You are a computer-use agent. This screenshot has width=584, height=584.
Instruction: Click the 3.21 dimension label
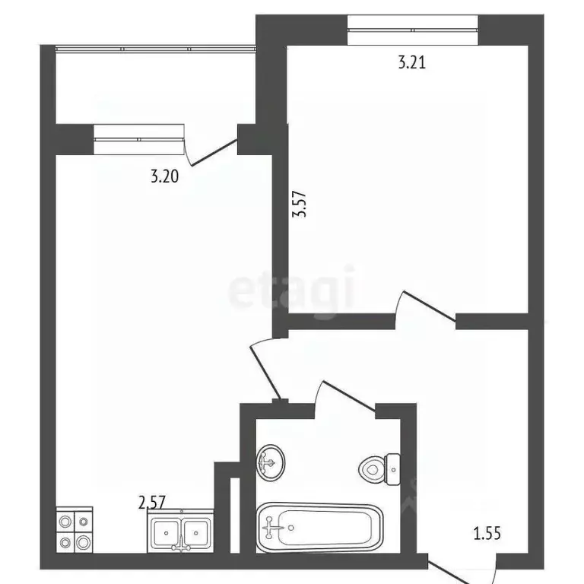coord(411,63)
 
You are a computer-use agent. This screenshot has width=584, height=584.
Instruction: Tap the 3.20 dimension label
coord(164,177)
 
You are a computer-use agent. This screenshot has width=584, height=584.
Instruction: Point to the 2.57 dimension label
coord(151,502)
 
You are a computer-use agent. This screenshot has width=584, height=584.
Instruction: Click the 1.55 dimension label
coord(487,534)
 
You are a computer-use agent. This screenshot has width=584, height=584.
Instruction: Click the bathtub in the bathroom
coord(317,527)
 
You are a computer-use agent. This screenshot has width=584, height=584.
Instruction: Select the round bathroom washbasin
coord(269,461)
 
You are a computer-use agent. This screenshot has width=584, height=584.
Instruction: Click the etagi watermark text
coord(292,290)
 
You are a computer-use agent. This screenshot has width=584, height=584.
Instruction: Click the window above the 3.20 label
coord(140,135)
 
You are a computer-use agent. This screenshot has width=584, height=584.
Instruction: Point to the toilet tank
coord(393,468)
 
